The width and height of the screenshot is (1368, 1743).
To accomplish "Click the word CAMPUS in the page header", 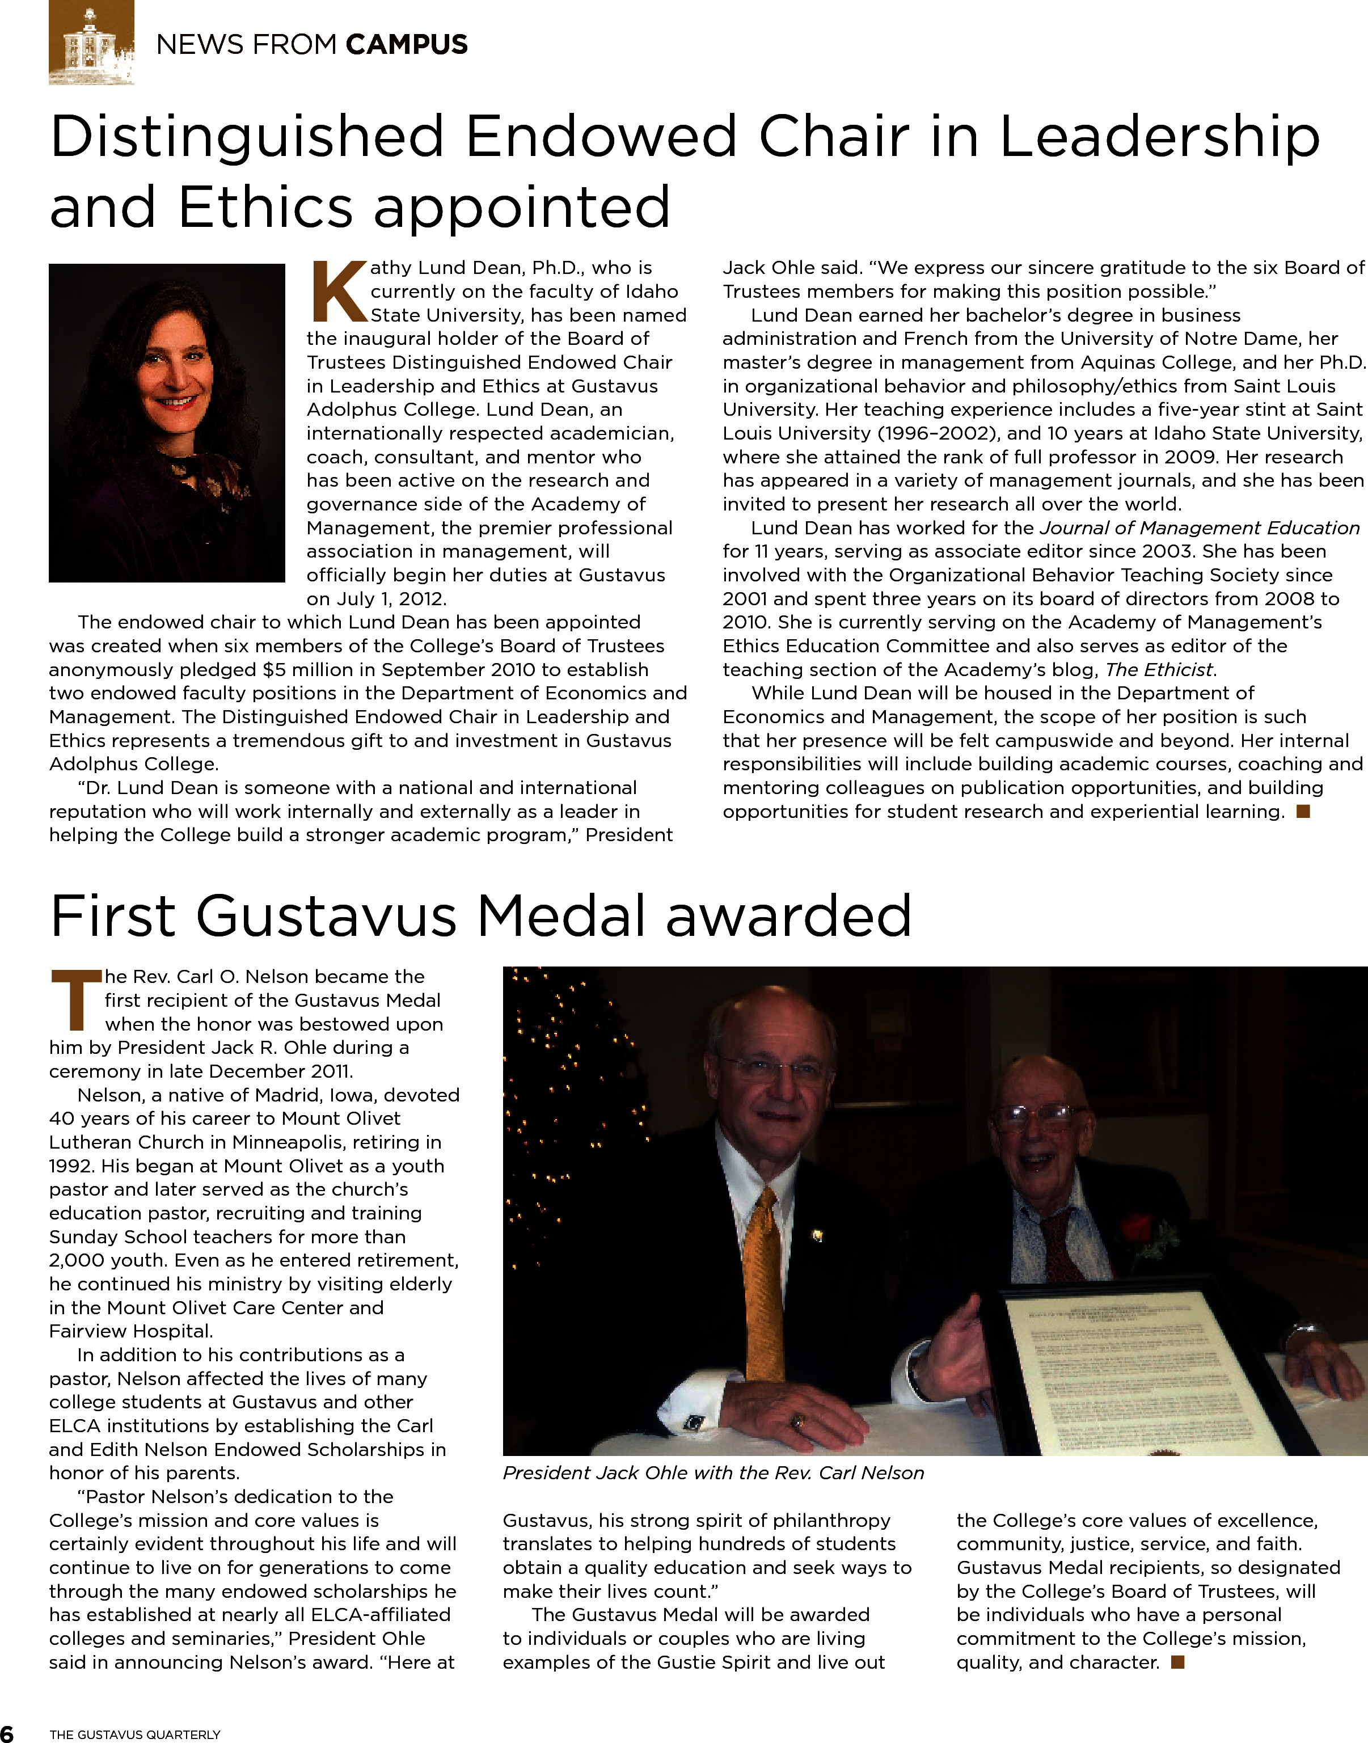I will (x=407, y=45).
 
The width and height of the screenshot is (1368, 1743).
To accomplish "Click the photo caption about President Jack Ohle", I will (x=713, y=1473).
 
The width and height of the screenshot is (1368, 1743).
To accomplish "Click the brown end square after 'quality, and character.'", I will (x=1177, y=1662).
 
